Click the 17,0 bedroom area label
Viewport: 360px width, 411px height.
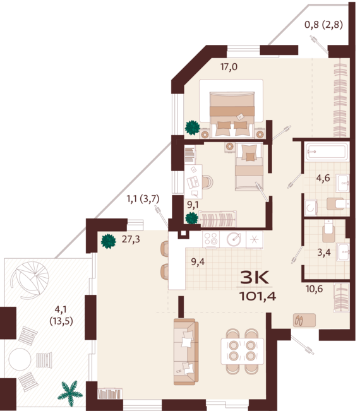tap(229, 67)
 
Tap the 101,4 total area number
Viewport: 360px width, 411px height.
tap(258, 296)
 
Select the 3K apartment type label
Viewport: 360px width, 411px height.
tap(255, 277)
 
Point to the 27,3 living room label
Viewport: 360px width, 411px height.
tap(131, 239)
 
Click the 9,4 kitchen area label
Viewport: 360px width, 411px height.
tap(198, 261)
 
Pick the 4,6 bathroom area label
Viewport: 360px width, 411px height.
tap(323, 178)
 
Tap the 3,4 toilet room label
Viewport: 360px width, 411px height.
tap(324, 253)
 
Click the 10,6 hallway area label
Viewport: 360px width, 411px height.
tap(314, 289)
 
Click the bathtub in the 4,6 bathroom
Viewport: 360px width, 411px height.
tap(327, 152)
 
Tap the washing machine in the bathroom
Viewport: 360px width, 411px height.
tap(311, 208)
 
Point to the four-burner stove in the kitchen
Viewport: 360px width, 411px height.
tap(211, 239)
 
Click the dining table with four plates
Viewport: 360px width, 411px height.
tap(242, 351)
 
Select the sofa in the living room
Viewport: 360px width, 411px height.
tap(186, 352)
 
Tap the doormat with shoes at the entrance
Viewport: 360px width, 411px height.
tap(304, 320)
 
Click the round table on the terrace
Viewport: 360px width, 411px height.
tap(20, 359)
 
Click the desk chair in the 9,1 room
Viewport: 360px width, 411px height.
tap(208, 182)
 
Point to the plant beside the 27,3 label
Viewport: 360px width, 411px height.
tap(108, 241)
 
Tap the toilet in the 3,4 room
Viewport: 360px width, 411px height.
tap(328, 231)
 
